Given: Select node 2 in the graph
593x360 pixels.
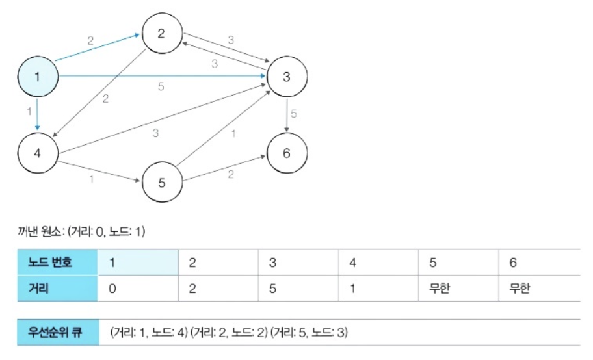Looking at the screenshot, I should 161,34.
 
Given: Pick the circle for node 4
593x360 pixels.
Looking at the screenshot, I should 37,153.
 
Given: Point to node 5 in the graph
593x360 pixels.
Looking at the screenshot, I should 161,181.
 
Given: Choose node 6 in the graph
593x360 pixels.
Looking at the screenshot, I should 286,153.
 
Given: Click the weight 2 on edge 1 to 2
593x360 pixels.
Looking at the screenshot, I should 90,40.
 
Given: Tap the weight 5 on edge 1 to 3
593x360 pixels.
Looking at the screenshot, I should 161,86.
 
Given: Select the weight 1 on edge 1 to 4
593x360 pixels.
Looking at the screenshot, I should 29,112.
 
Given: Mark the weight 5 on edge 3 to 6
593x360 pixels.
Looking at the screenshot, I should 293,114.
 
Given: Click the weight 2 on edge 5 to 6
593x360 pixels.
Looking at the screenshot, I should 231,174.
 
